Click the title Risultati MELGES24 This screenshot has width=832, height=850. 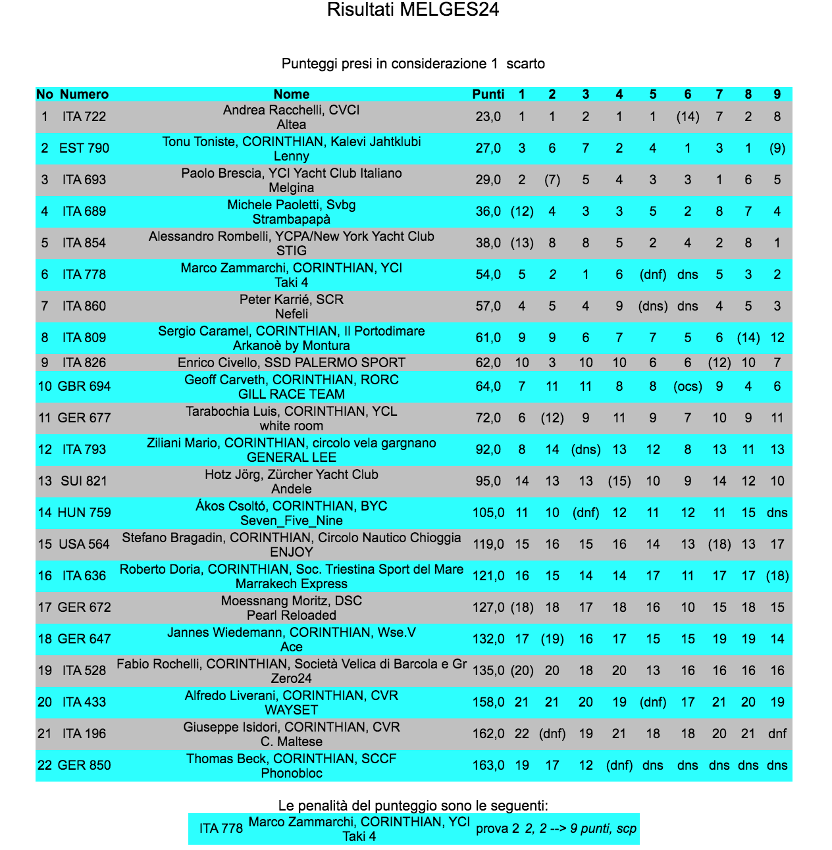click(413, 10)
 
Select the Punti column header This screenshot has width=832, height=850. click(488, 94)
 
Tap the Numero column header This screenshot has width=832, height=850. click(84, 94)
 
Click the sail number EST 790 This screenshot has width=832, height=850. click(84, 148)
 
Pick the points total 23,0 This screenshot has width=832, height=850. click(488, 116)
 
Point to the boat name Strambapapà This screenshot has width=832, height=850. click(291, 219)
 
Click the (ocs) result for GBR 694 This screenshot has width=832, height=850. click(687, 386)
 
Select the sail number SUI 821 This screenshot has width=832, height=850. click(84, 481)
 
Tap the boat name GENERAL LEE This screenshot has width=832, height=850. click(291, 457)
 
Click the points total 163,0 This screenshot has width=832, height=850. click(488, 765)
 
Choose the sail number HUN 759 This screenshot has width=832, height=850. click(84, 512)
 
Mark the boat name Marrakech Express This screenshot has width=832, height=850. click(291, 584)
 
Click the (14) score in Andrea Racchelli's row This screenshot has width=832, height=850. click(687, 116)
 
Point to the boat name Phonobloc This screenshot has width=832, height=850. click(291, 773)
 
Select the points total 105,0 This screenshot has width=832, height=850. click(488, 512)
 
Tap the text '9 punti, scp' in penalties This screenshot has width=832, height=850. click(603, 828)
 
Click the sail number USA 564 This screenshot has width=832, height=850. click(84, 544)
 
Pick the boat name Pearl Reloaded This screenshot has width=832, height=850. click(291, 615)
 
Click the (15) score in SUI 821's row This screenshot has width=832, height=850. click(619, 481)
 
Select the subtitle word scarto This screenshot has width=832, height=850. click(525, 64)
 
